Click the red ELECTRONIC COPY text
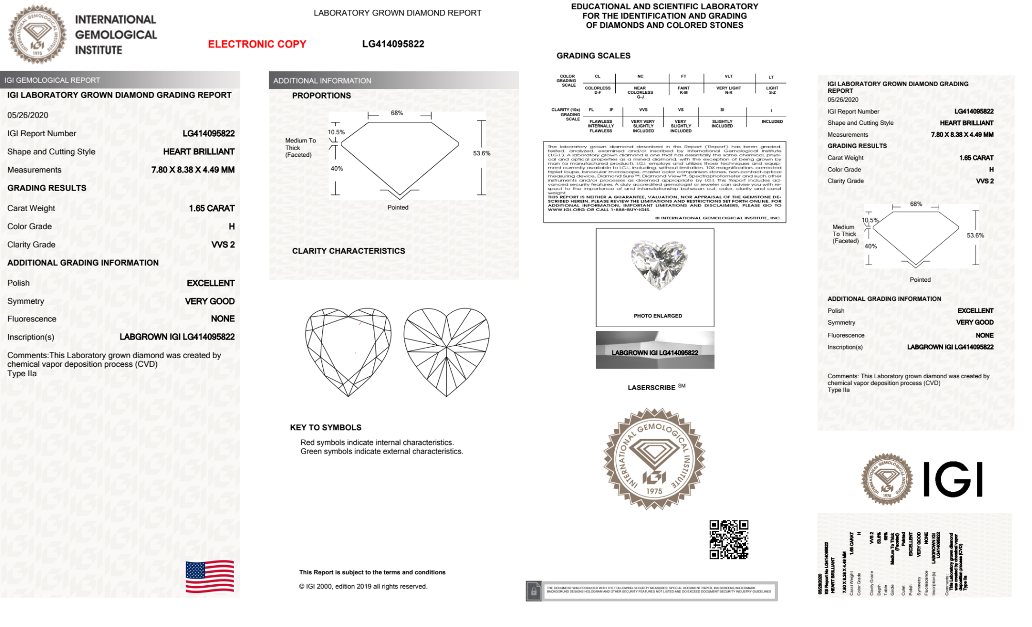pos(257,44)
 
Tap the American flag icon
pos(210,576)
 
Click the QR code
pos(729,540)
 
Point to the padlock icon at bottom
pos(534,591)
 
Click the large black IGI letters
pos(953,479)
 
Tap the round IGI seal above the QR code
pos(654,459)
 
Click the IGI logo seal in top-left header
pos(37,35)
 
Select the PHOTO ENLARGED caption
pos(658,316)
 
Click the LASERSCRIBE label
pos(651,388)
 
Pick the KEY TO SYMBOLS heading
pos(325,427)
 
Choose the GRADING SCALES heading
pos(593,56)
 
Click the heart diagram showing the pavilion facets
pos(446,351)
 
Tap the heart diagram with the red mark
pos(348,351)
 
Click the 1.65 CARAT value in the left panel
pos(211,208)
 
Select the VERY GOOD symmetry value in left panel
pos(209,301)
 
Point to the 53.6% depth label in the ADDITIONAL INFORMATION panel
pos(482,153)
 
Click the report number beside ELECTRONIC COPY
pos(393,44)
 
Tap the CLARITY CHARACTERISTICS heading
pos(349,251)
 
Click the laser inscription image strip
pos(655,350)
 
